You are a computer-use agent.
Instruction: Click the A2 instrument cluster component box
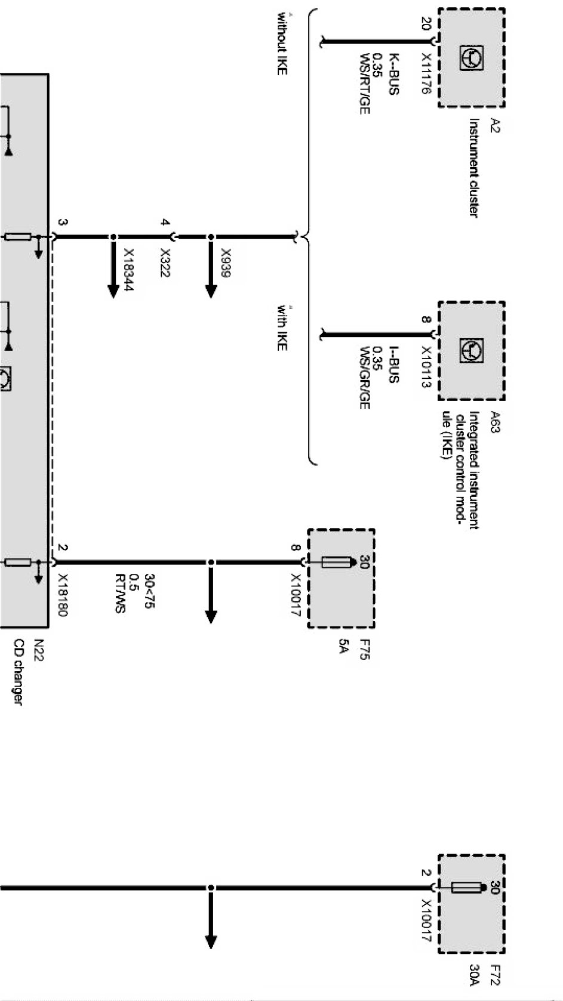point(472,58)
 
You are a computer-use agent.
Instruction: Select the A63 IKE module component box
point(472,350)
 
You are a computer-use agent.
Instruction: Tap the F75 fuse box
point(341,577)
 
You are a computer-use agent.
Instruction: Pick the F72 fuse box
point(472,904)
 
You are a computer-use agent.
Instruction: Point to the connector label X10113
point(426,367)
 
